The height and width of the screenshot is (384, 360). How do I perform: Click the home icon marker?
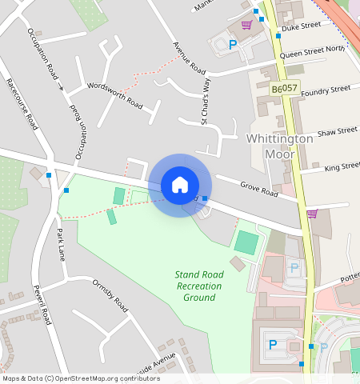pyautogui.click(x=180, y=185)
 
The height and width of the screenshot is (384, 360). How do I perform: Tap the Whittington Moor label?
pyautogui.click(x=280, y=145)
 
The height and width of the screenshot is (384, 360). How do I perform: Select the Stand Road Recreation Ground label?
pyautogui.click(x=199, y=286)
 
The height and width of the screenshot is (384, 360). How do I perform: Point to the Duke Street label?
pyautogui.click(x=302, y=26)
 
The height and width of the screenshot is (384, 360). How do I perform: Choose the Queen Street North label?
pyautogui.click(x=312, y=49)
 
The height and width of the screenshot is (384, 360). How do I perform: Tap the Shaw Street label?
pyautogui.click(x=337, y=130)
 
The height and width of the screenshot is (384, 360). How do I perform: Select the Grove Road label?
pyautogui.click(x=258, y=190)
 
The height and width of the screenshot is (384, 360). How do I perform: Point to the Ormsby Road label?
pyautogui.click(x=110, y=294)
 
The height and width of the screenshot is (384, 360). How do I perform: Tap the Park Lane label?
pyautogui.click(x=60, y=245)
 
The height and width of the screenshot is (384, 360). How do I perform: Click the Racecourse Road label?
pyautogui.click(x=22, y=104)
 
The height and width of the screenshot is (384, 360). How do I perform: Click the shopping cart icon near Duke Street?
pyautogui.click(x=246, y=25)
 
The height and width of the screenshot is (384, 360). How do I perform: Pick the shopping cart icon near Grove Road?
pyautogui.click(x=312, y=214)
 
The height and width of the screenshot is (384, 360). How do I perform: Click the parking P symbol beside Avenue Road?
pyautogui.click(x=233, y=45)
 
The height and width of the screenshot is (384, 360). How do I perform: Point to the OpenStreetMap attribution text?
pyautogui.click(x=81, y=378)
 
